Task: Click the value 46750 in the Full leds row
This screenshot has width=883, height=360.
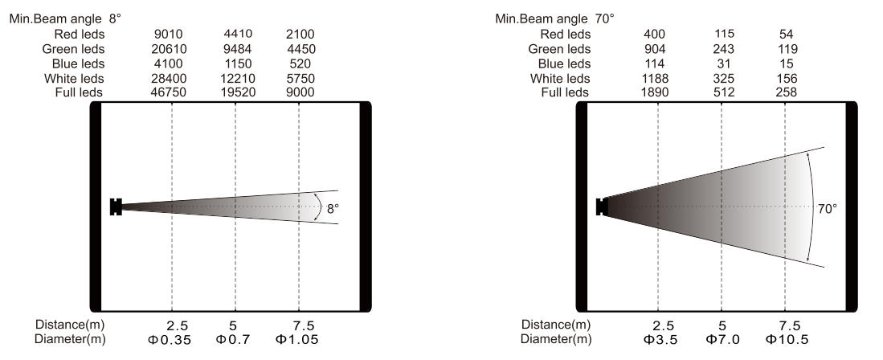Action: point(170,92)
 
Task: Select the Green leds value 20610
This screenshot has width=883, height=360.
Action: point(170,49)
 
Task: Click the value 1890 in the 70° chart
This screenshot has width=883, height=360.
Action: point(656,92)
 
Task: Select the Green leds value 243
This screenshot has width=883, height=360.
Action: point(724,49)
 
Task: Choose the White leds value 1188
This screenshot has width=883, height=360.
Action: point(656,78)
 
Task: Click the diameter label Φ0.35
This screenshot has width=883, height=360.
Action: point(169,339)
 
